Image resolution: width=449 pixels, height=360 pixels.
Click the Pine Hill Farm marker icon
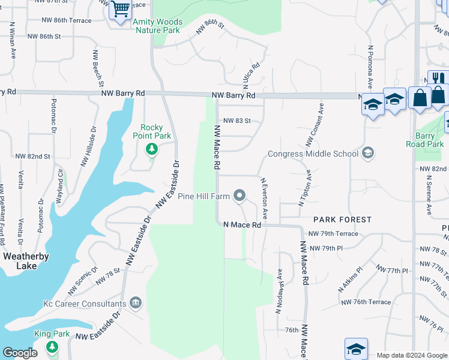[x=240, y=196]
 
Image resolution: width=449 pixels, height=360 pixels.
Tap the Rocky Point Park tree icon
[x=152, y=148]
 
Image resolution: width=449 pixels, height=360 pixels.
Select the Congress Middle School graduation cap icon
[x=367, y=154]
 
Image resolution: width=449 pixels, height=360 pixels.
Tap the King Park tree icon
[x=52, y=346]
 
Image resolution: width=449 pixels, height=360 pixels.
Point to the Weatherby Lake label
[x=26, y=261]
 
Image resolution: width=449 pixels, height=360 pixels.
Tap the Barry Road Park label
[x=425, y=140]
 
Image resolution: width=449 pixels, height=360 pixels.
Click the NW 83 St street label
[x=237, y=121]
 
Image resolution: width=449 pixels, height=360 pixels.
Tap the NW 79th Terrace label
[x=333, y=234]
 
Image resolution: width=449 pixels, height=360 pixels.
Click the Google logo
[x=20, y=353]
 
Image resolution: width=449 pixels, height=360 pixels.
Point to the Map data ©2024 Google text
[x=411, y=355]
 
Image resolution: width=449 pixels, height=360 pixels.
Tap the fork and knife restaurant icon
[x=438, y=78]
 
